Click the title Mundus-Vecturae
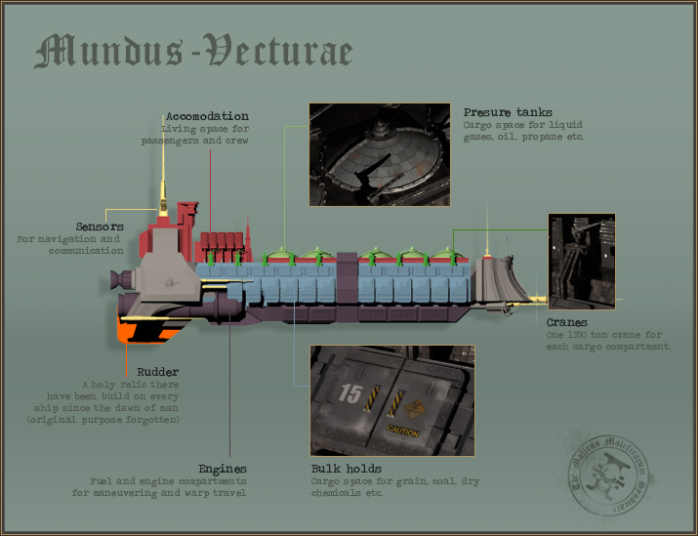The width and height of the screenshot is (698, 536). click(192, 51)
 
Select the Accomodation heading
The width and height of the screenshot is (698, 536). click(206, 116)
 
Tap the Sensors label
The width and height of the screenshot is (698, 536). click(100, 227)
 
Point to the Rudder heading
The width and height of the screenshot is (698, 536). click(156, 371)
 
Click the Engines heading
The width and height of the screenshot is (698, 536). click(222, 469)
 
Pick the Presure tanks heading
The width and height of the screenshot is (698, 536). click(508, 112)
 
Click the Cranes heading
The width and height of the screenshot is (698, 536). click(567, 322)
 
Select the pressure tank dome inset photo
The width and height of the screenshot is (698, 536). click(379, 154)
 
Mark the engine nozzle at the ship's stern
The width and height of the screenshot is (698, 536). click(117, 280)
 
